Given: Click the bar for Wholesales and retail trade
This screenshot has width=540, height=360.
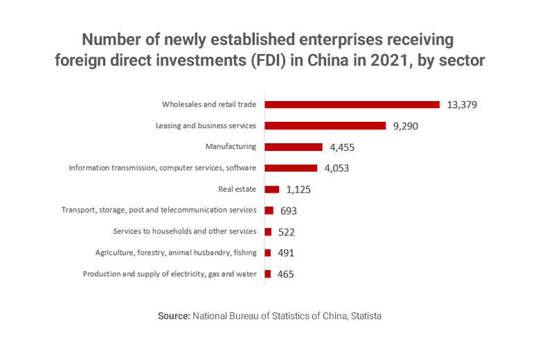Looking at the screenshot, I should [352, 105].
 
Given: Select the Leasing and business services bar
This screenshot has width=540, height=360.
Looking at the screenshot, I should [325, 126].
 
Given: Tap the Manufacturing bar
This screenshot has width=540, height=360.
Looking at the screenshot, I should [294, 147].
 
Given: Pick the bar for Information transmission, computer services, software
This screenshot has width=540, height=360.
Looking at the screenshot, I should [291, 168].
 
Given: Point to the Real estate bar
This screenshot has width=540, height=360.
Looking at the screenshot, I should [271, 189].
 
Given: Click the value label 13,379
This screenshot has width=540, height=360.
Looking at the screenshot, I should [462, 105].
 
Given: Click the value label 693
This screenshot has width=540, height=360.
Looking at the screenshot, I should [289, 210].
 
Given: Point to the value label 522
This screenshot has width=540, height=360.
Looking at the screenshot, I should [287, 232].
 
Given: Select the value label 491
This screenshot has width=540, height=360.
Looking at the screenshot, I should [286, 253].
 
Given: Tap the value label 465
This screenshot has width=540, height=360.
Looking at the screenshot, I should [285, 274].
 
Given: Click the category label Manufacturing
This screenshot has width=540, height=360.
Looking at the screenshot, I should [231, 147].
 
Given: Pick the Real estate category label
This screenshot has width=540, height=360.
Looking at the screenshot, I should [237, 189].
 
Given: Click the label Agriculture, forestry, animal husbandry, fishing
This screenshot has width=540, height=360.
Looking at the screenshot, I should [176, 253].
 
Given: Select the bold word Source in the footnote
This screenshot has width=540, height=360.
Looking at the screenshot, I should [174, 316].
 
